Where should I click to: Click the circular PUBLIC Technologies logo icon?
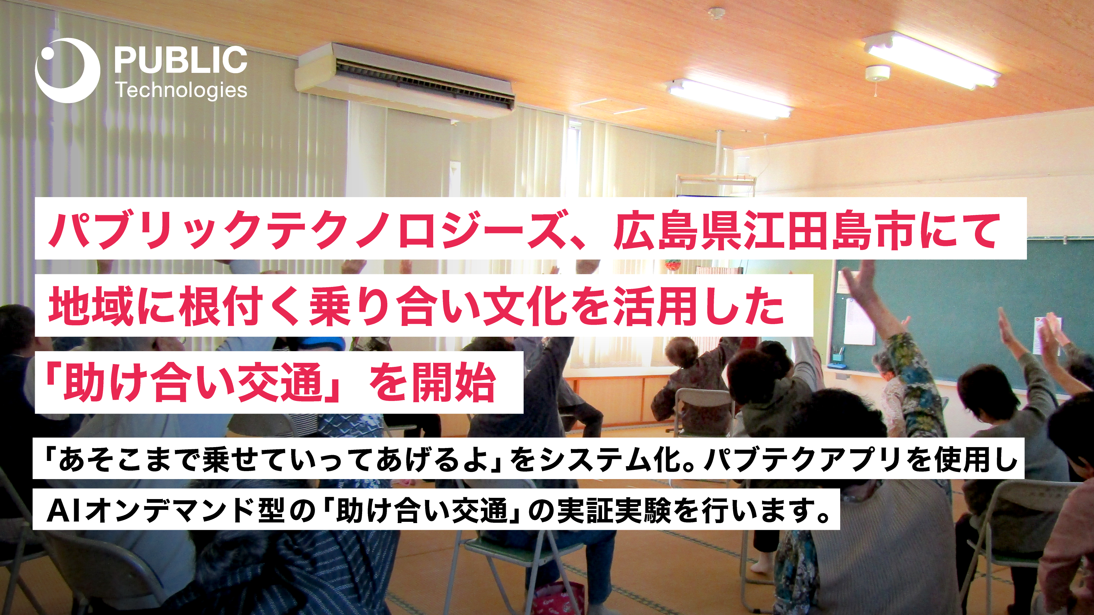[x=67, y=70]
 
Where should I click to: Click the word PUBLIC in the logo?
[x=181, y=60]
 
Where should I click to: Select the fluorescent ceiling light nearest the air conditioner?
[x=729, y=98]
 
